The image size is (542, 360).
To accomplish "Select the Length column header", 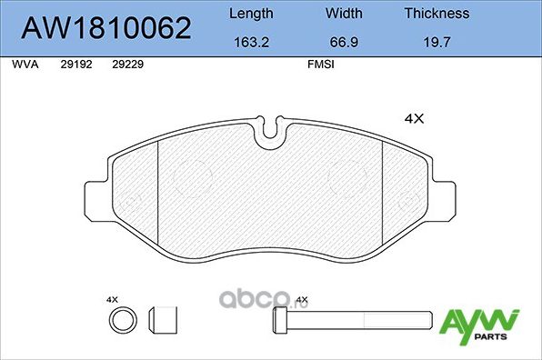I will point(249,14).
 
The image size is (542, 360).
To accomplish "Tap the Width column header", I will point(343,14).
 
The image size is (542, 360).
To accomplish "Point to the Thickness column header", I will point(437,14).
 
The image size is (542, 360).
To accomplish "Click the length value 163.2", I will point(249,41).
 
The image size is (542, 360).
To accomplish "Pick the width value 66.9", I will point(343,41).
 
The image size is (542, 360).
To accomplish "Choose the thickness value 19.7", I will point(437,41).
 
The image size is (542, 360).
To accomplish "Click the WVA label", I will point(24,65).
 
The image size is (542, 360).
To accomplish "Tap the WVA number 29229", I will point(127,65).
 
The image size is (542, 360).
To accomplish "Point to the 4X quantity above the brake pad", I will point(414,117).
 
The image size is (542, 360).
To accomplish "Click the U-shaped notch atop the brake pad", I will point(271,133).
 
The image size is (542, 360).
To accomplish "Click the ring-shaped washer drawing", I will point(120,320).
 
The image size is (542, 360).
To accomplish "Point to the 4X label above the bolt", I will point(302,299).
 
